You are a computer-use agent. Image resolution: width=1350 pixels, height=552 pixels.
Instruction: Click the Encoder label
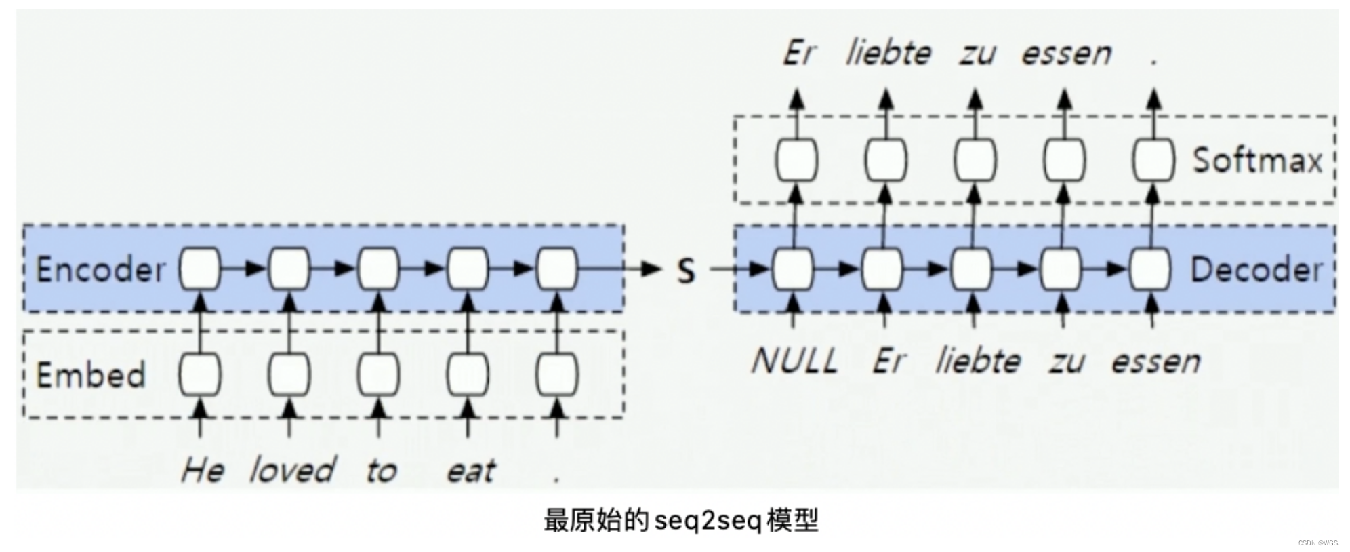(x=100, y=269)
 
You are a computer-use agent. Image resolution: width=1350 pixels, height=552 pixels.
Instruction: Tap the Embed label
(x=90, y=375)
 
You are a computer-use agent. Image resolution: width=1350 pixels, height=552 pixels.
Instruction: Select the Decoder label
(x=1256, y=270)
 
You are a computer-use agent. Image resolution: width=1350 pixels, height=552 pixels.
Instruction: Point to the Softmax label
(x=1257, y=161)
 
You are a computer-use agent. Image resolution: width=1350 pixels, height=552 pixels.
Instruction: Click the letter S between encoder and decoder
(x=686, y=271)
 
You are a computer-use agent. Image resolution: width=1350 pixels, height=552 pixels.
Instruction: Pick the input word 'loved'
(x=292, y=470)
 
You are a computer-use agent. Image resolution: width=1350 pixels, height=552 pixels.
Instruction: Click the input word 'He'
(x=201, y=470)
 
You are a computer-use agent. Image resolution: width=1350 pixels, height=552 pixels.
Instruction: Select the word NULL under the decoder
(x=794, y=360)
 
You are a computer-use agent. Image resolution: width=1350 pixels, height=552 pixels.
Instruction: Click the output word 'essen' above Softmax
(x=1066, y=53)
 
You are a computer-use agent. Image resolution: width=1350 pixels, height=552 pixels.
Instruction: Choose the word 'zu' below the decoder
(x=1066, y=361)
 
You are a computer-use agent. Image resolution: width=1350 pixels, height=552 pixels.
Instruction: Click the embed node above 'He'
(x=200, y=374)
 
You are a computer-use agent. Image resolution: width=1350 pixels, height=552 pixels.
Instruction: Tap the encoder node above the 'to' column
(x=378, y=269)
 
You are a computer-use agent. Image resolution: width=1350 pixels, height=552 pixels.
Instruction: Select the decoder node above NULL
(x=794, y=269)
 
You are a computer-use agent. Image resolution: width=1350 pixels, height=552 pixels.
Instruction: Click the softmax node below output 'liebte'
(x=886, y=160)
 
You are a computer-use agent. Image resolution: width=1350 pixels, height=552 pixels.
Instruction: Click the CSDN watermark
(x=1318, y=543)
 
